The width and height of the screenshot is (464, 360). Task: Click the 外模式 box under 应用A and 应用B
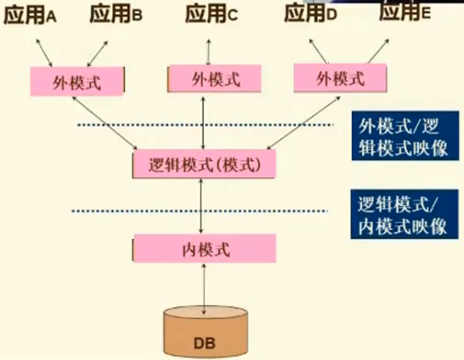tap(77, 81)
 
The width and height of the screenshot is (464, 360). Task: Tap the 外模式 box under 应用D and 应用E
tap(339, 78)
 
